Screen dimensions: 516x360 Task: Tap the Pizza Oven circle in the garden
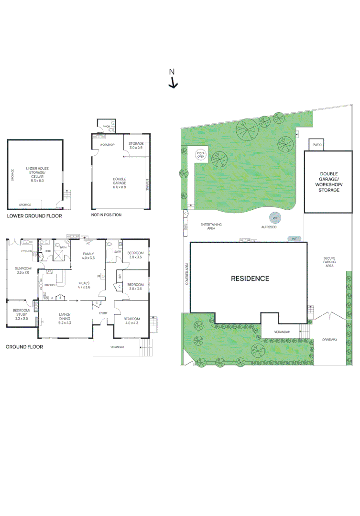click(x=201, y=155)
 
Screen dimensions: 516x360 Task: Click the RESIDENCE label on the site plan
click(x=250, y=279)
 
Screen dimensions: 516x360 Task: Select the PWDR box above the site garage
click(x=317, y=145)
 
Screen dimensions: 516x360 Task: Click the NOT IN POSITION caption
click(x=106, y=215)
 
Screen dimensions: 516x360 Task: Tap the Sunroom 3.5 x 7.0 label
click(x=23, y=270)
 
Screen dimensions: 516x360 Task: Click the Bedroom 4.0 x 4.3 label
click(x=131, y=321)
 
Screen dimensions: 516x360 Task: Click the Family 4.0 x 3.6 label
click(x=89, y=256)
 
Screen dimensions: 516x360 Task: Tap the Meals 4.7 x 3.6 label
click(x=85, y=285)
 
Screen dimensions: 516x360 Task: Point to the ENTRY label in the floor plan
click(x=103, y=313)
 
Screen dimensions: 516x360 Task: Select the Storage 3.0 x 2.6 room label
click(x=136, y=145)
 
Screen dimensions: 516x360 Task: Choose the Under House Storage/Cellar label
click(x=37, y=174)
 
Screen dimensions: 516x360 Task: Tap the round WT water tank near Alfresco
click(x=275, y=218)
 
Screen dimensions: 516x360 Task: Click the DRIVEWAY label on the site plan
click(x=329, y=340)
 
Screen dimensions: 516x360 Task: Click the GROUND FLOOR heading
click(x=24, y=347)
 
